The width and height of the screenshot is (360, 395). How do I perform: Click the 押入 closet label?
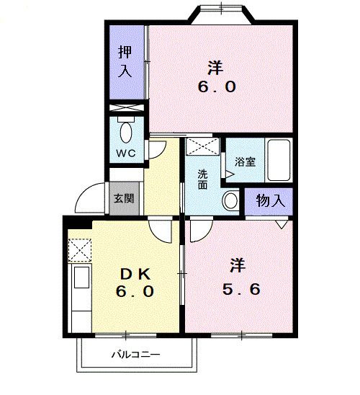click(125, 61)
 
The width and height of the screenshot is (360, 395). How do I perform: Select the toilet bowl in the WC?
click(126, 133)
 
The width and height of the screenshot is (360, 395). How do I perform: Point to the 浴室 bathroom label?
click(246, 161)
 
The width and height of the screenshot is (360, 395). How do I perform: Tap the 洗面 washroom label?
click(204, 179)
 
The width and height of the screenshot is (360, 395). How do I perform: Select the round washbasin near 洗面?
click(230, 200)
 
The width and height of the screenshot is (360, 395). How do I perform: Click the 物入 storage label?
click(270, 200)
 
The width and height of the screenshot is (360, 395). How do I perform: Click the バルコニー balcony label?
click(135, 354)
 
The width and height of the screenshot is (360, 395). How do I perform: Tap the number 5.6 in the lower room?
click(240, 289)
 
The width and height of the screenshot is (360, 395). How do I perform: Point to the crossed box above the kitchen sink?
click(79, 250)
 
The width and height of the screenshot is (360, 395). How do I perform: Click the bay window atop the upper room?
click(222, 14)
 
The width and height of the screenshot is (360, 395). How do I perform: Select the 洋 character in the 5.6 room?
click(239, 265)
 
